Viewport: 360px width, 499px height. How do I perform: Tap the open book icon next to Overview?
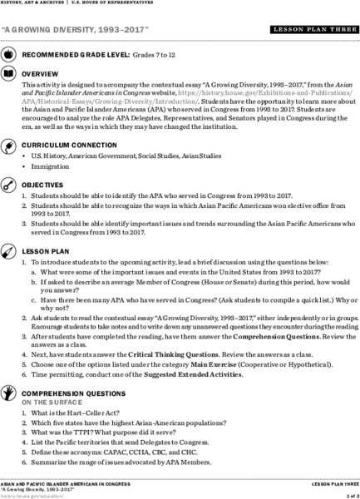coord(8,72)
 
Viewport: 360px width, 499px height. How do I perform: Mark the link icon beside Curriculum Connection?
coord(8,144)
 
